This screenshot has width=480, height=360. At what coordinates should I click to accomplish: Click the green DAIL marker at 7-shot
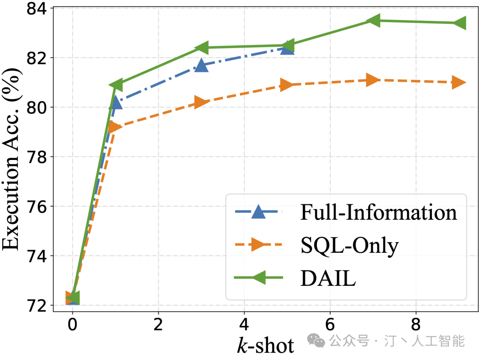point(372,20)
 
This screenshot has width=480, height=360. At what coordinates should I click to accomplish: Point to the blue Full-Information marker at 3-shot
point(201,65)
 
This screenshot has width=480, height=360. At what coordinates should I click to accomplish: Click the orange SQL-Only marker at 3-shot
point(202,102)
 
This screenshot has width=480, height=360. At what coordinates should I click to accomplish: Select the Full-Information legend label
point(379,213)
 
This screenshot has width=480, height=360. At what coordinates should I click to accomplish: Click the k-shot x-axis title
point(265,345)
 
